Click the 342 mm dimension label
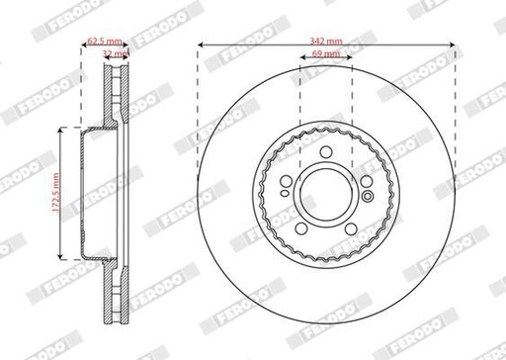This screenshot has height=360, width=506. pos(326,38)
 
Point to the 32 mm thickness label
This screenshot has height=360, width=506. pos(116,54)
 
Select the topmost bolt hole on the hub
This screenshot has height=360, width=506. pos(326,150)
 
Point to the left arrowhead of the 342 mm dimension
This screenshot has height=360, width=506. pos(201,45)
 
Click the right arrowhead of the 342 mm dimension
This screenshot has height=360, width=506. pos(453,45)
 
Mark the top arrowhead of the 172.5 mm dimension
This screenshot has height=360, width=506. pos(64,129)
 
